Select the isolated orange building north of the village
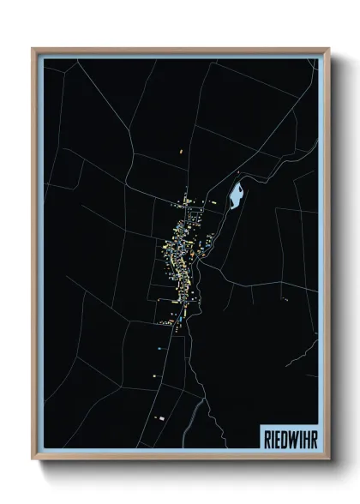coord(182,153)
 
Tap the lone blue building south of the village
coord(159,350)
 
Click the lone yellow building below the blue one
coord(155,374)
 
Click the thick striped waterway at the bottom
coord(200,420)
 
